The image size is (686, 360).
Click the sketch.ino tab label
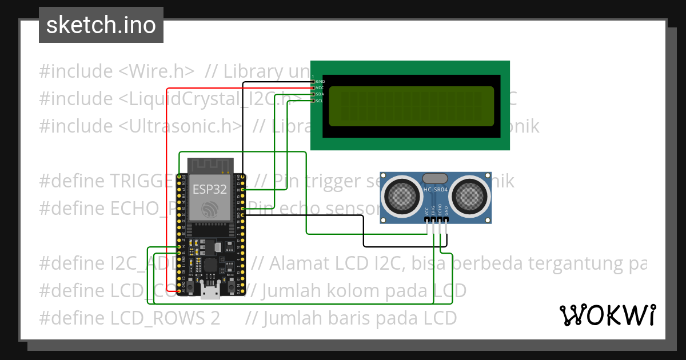pos(101,25)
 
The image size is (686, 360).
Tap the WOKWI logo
pos(607,315)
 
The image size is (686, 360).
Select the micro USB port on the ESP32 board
pos(210,291)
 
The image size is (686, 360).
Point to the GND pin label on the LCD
pos(320,82)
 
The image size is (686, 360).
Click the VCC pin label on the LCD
pos(320,88)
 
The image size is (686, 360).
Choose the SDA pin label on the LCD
pos(320,94)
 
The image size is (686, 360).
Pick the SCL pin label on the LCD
pos(320,101)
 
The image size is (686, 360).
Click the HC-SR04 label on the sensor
pos(436,189)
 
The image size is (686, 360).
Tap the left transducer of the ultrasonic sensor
pos(404,194)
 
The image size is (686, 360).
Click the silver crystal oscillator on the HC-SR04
pos(436,178)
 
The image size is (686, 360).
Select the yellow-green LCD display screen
pos(412,106)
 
